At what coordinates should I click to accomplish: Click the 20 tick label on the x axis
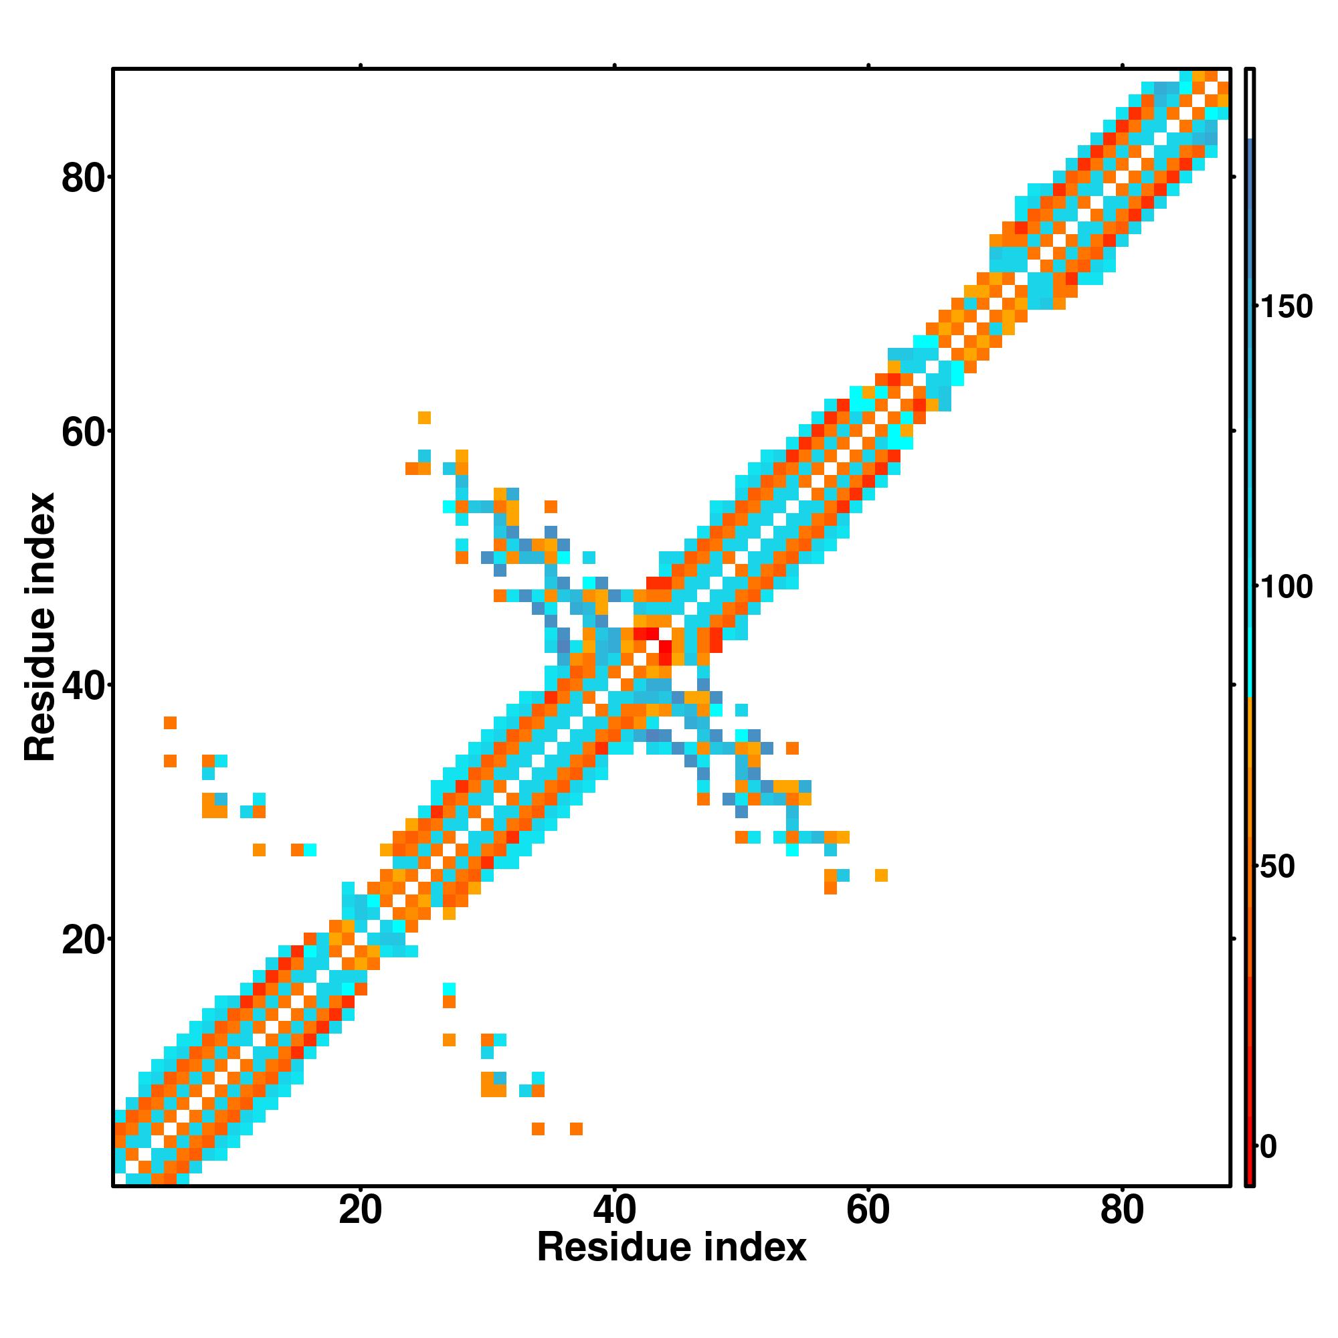coord(360,1212)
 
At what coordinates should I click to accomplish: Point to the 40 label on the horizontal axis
coord(614,1212)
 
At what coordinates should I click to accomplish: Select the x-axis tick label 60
coord(868,1212)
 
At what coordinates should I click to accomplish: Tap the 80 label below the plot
coord(1122,1212)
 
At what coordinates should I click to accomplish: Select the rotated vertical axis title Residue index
coord(40,627)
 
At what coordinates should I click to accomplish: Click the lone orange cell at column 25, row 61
coord(425,417)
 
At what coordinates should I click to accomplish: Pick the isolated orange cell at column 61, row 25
coord(881,875)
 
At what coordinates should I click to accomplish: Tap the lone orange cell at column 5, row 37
coord(171,723)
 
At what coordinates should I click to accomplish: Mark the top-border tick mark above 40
coord(614,66)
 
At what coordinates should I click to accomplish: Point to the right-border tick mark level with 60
coord(1234,431)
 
